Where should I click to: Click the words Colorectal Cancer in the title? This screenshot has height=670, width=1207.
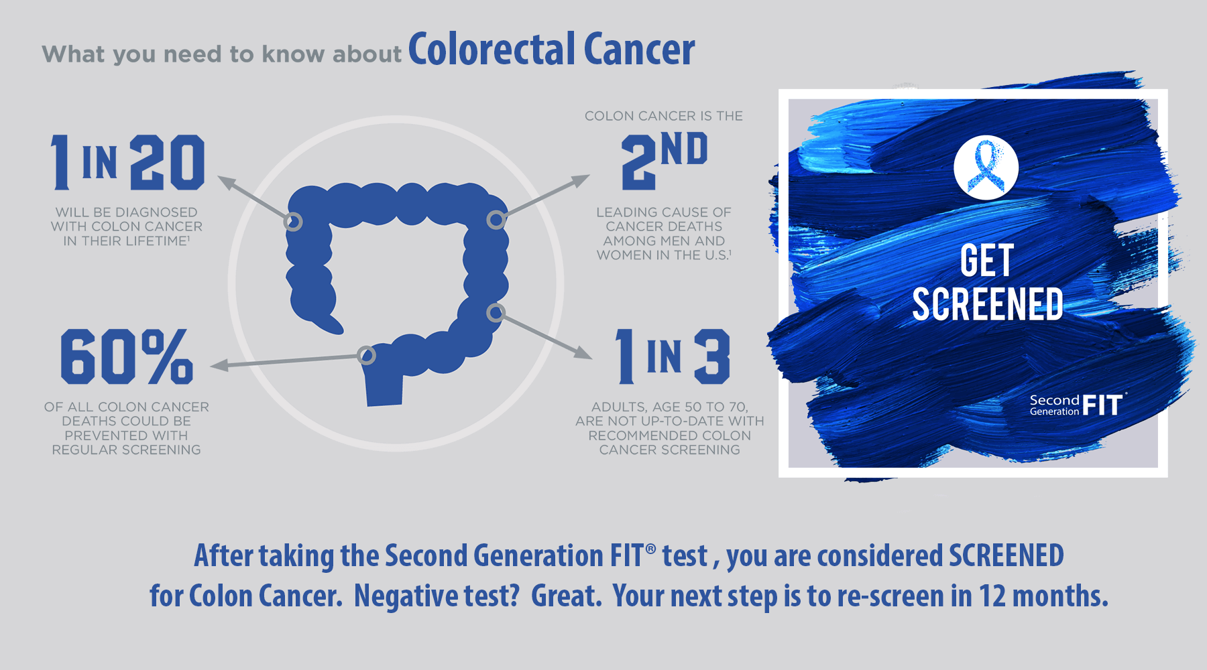tap(551, 49)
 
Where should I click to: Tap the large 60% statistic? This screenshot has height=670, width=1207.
tap(127, 356)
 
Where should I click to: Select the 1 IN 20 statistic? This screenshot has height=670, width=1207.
tap(127, 161)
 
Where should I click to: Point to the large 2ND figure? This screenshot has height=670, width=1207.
tap(665, 160)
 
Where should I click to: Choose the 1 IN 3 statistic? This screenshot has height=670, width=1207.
tap(673, 356)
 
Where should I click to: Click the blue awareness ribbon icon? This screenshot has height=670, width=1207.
tap(986, 167)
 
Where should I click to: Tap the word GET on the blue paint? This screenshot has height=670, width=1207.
tap(986, 260)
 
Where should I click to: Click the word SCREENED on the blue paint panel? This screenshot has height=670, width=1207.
tap(988, 304)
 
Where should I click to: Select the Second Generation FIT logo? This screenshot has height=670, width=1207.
tap(1078, 405)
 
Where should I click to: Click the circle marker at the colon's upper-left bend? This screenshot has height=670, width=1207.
tap(293, 222)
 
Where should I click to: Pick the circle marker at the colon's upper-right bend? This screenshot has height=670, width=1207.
tap(496, 219)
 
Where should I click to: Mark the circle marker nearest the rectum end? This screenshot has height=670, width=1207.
tap(366, 355)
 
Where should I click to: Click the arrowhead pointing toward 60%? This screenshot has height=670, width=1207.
tap(219, 365)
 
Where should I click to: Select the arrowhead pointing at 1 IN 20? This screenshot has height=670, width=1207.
tap(227, 182)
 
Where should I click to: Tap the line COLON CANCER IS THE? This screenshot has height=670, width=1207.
tap(664, 116)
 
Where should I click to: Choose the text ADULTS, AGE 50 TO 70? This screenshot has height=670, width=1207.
tap(670, 407)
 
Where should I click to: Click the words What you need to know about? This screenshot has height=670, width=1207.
tap(222, 54)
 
